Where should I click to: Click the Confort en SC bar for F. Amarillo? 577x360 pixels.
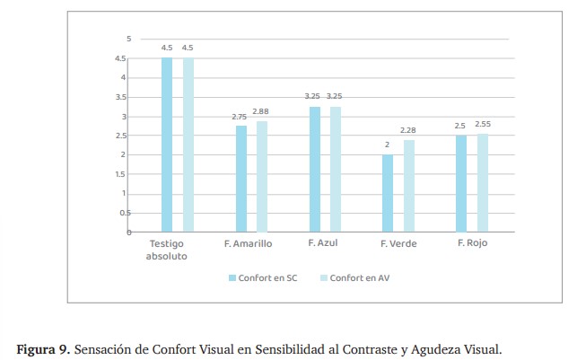click(241, 179)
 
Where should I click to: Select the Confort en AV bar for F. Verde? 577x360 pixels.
click(408, 187)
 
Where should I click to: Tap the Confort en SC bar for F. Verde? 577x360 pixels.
click(388, 193)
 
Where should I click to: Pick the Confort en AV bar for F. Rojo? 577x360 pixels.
click(483, 183)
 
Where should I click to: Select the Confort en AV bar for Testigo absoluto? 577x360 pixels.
click(188, 145)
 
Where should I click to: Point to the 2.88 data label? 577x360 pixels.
click(260, 111)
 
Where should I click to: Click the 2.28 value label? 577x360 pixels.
click(408, 130)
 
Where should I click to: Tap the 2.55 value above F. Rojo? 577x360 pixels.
click(483, 124)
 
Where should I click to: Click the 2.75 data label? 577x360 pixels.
click(240, 117)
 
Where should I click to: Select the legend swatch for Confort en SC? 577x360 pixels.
click(232, 278)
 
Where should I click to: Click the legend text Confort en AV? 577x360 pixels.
click(359, 278)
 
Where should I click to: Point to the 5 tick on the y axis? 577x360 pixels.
click(128, 39)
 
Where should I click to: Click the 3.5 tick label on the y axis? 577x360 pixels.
click(122, 97)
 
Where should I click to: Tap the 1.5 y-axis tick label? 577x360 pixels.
click(122, 174)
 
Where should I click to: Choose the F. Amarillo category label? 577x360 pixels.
click(248, 244)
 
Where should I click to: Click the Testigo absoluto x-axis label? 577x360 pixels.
click(167, 250)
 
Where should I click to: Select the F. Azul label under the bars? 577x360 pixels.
click(322, 243)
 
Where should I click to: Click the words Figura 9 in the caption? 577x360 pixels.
click(42, 347)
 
